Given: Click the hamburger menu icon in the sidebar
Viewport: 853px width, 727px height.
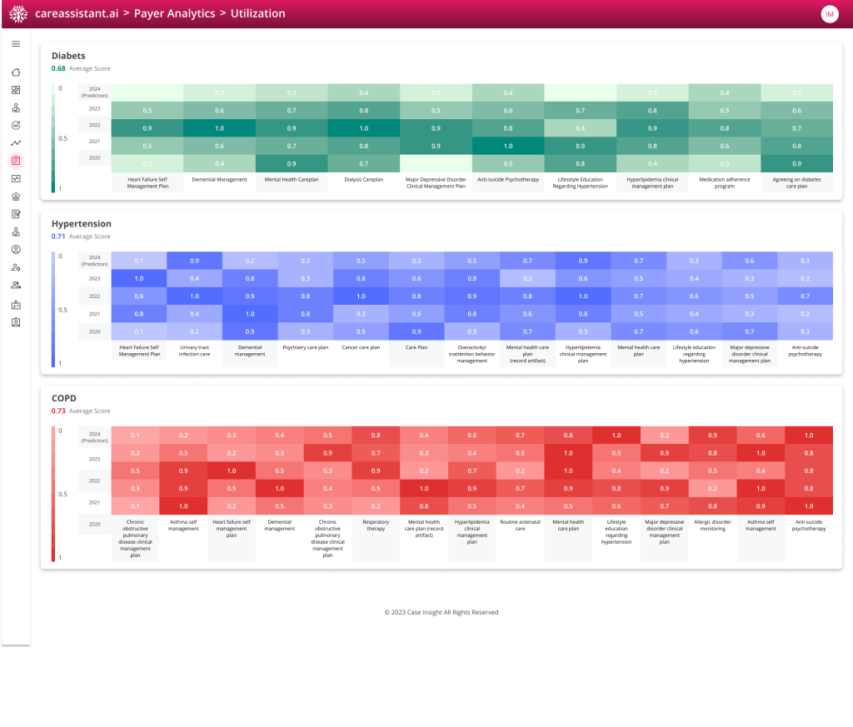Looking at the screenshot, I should click(x=16, y=43).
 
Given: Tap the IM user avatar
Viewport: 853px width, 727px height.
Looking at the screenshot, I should click(x=830, y=14).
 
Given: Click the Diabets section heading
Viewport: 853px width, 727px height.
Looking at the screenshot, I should click(x=68, y=56).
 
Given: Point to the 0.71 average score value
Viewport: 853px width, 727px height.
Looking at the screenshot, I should click(x=57, y=237).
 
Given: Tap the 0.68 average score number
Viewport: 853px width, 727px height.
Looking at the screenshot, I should click(x=57, y=68).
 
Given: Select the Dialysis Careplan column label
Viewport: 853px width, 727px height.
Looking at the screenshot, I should click(x=363, y=179).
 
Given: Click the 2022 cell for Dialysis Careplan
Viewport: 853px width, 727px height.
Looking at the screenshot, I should click(x=363, y=128).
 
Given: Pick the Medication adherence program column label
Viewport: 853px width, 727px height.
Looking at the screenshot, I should click(x=724, y=182).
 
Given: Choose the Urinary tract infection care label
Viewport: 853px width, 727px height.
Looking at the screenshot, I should click(x=194, y=351).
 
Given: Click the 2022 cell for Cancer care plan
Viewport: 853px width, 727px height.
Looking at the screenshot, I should click(x=361, y=296).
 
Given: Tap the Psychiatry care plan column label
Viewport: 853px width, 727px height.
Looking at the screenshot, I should click(x=306, y=347).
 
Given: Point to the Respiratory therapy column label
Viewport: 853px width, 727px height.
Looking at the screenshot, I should click(x=377, y=525).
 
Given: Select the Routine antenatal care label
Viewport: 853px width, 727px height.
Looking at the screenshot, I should click(x=520, y=525).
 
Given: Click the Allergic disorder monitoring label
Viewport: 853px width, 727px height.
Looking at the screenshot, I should click(x=712, y=525).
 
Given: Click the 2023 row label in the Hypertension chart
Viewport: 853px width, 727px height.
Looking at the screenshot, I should click(x=94, y=278).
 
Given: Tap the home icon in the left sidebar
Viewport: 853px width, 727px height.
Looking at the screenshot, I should click(x=16, y=72).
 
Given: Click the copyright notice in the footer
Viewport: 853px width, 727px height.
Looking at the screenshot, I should click(x=441, y=612).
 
